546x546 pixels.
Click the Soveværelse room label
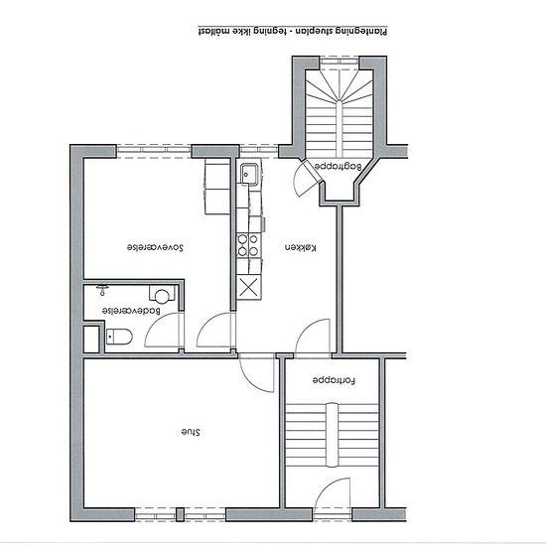(x=155, y=247)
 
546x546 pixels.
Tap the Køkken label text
(x=301, y=247)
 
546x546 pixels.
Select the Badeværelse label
(x=131, y=311)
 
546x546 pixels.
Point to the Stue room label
(x=191, y=432)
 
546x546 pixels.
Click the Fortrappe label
(x=334, y=380)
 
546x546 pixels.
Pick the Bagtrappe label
(x=339, y=166)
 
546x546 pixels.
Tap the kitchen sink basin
(x=249, y=173)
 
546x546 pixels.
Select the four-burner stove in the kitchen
(x=248, y=245)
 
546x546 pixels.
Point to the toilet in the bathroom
(x=119, y=337)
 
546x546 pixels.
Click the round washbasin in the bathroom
(x=162, y=296)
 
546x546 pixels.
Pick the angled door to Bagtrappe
(x=307, y=179)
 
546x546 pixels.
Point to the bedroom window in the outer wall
(x=154, y=152)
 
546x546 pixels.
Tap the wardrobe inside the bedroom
(x=217, y=187)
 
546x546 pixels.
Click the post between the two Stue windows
(x=180, y=514)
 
